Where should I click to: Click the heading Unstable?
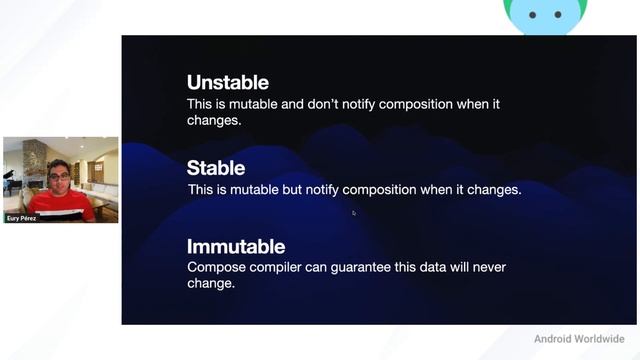pos(227,83)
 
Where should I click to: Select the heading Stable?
pos(215,168)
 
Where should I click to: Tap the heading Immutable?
pos(235,246)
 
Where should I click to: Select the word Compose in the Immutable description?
pos(219,267)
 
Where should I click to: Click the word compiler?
pos(285,267)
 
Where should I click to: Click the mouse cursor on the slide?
pos(353,212)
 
